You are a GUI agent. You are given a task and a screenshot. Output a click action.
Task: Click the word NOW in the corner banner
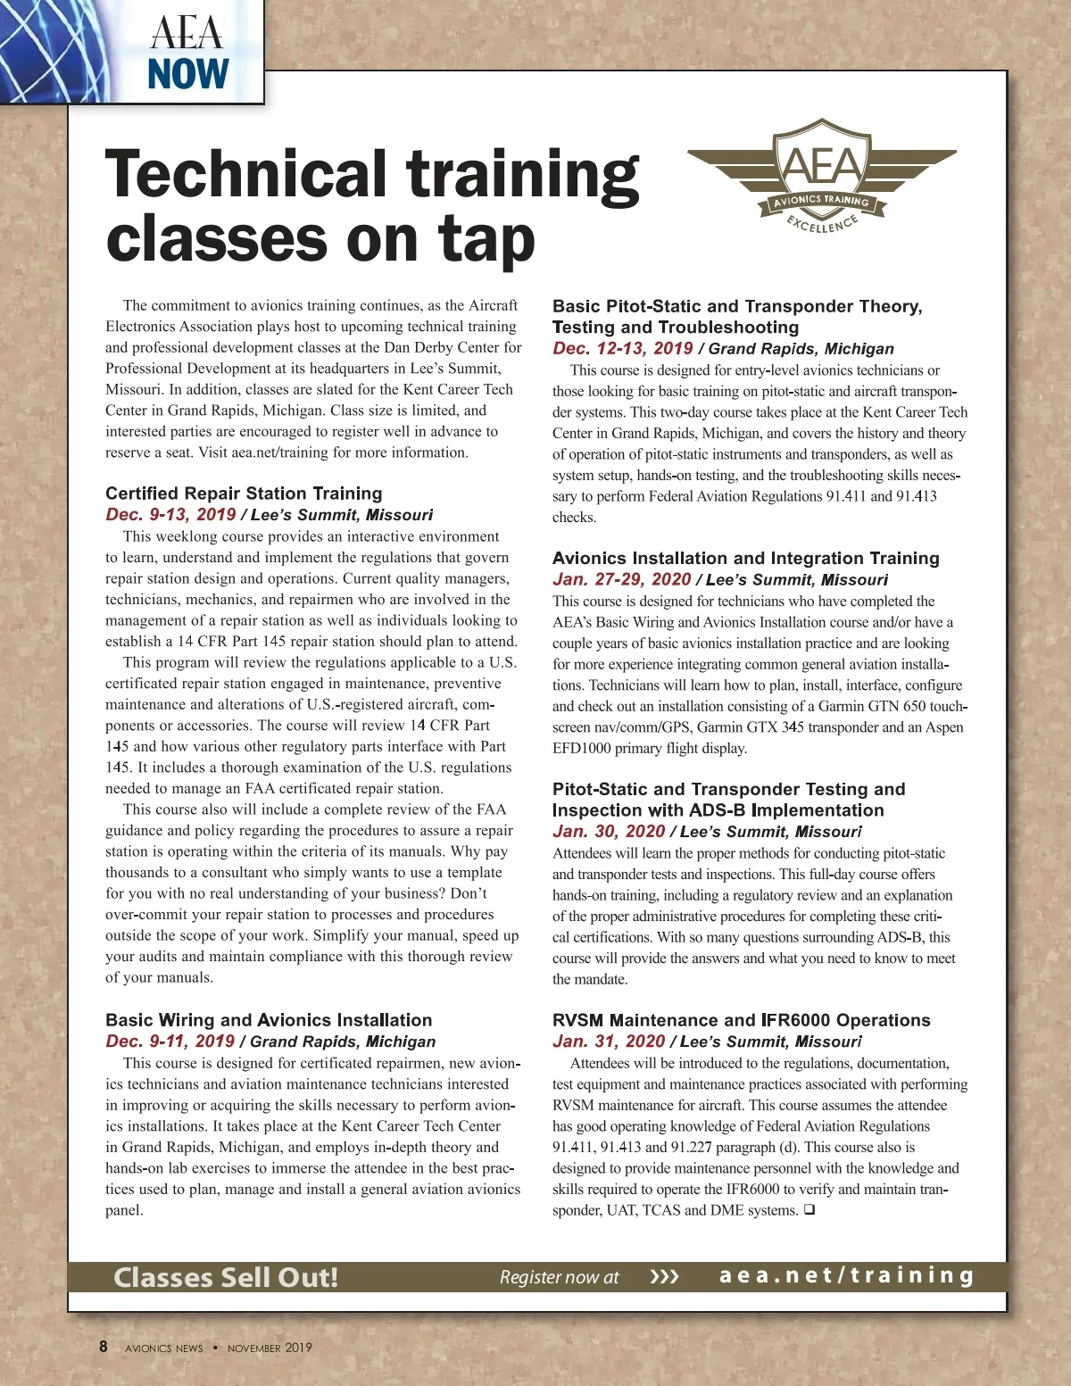[x=188, y=74]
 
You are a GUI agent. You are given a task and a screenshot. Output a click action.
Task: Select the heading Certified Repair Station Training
[x=244, y=494]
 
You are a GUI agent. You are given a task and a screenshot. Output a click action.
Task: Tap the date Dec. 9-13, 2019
[x=170, y=515]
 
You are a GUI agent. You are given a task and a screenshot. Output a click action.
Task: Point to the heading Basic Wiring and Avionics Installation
[x=269, y=1020]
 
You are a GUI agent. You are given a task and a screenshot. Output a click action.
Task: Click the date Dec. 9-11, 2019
[x=170, y=1042]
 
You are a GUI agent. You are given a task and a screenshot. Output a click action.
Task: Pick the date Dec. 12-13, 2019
[x=622, y=349]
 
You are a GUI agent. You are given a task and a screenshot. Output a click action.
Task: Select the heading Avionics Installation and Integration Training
[x=745, y=559]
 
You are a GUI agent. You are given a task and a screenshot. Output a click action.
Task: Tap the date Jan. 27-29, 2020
[x=621, y=580]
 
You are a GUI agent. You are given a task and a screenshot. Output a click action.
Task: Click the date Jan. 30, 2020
[x=608, y=832]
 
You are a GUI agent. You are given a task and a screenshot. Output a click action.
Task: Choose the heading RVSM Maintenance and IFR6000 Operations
[x=741, y=1020]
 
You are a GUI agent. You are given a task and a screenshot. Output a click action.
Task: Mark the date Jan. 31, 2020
[x=608, y=1042]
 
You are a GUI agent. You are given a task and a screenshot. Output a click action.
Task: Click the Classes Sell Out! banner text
[x=226, y=1277]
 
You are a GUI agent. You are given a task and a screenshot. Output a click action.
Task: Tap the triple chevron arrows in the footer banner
[x=664, y=1277]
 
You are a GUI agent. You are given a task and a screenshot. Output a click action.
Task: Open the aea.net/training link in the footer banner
[x=847, y=1276]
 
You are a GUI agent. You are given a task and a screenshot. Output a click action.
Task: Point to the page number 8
[x=104, y=1347]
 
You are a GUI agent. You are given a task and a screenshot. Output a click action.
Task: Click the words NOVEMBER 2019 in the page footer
[x=270, y=1348]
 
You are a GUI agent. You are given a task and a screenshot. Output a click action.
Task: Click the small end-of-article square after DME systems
[x=809, y=1210]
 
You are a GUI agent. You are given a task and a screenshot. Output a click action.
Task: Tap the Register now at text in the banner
[x=559, y=1277]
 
